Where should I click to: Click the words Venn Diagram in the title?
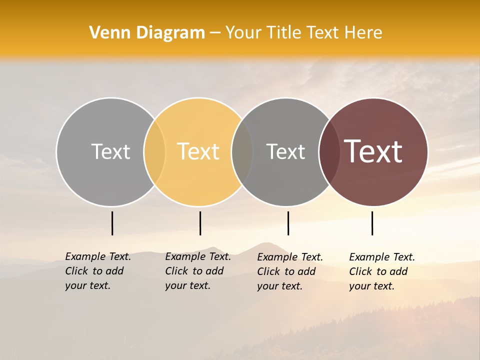[147, 33]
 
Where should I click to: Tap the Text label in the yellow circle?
[198, 151]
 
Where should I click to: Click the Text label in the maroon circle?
[373, 151]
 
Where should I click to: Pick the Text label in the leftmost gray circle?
[110, 151]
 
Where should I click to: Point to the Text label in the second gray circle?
[285, 151]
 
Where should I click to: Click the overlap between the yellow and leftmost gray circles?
[154, 151]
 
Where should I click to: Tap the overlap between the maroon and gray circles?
[329, 151]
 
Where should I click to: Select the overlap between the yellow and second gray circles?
[242, 151]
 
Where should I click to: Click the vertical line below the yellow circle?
[200, 223]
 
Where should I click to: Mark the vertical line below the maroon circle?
[372, 223]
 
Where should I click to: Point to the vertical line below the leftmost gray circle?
[112, 223]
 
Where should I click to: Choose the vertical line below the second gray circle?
[288, 223]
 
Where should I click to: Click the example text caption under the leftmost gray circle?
[97, 271]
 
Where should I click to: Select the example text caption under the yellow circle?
[197, 271]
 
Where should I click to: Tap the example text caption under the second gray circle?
[289, 271]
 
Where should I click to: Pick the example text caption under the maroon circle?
[381, 271]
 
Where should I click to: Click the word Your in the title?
[244, 33]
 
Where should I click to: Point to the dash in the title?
[215, 33]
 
